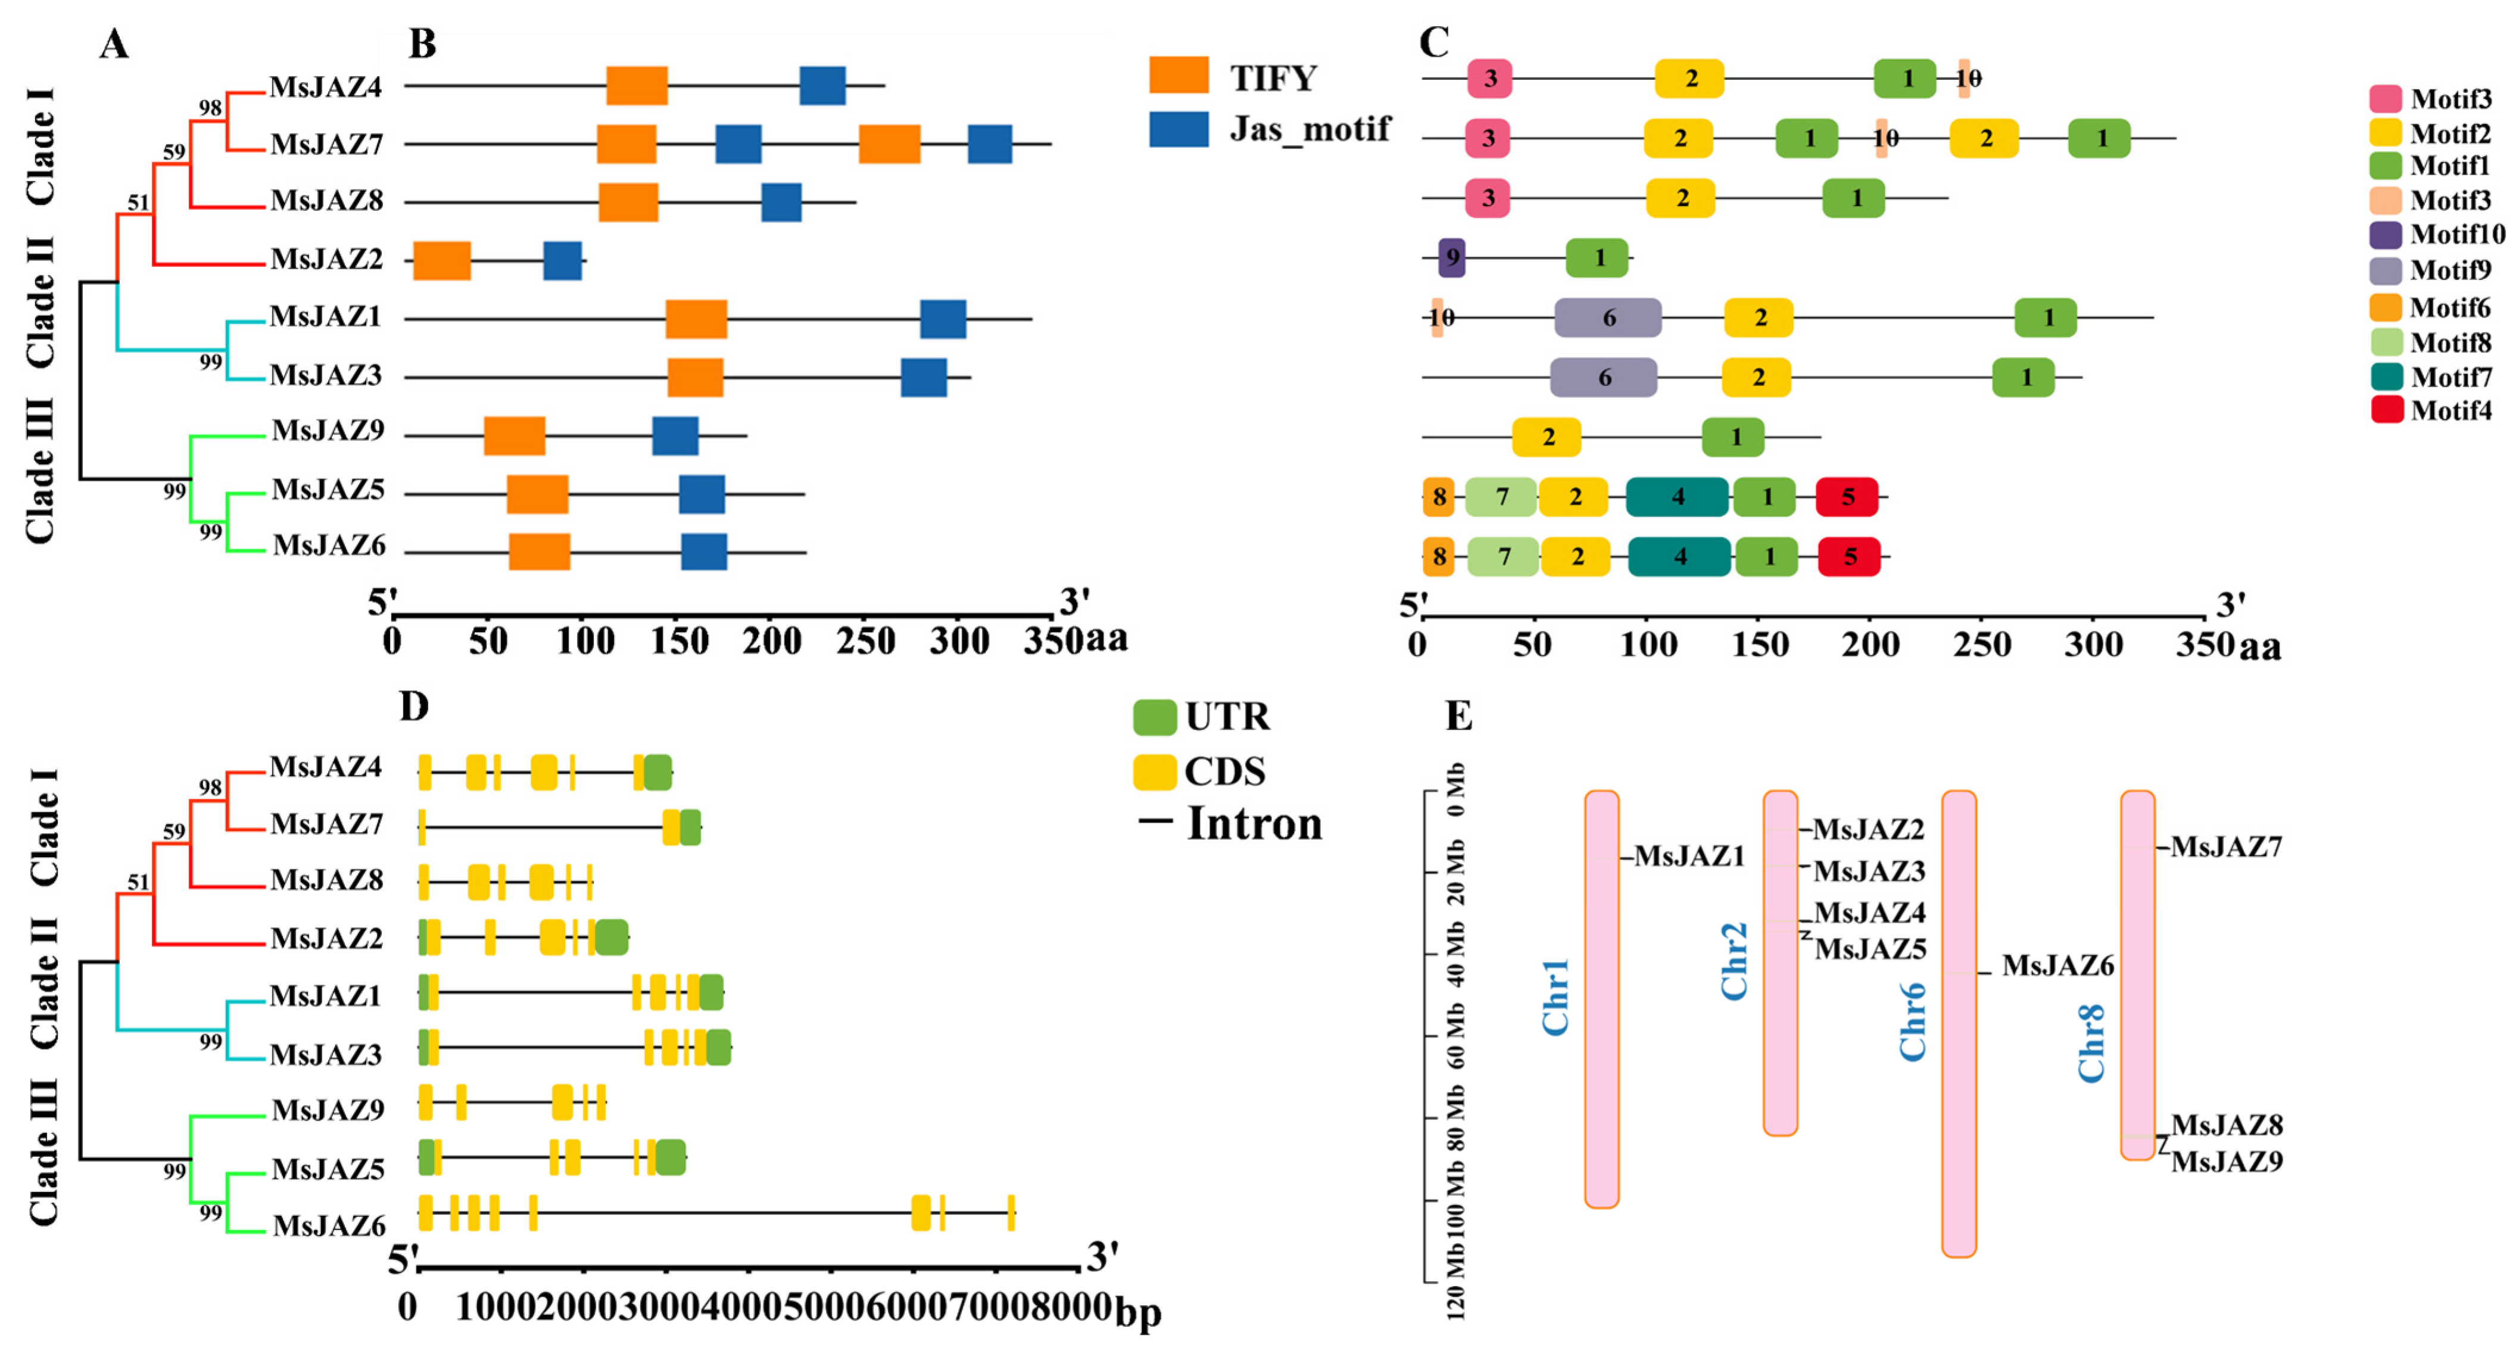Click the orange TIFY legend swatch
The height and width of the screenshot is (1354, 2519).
(x=1179, y=75)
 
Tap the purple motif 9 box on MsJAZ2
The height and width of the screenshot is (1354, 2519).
(x=1452, y=257)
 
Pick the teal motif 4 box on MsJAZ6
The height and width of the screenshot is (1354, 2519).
(x=1679, y=556)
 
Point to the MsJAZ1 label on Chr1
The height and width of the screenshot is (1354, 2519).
(x=1689, y=856)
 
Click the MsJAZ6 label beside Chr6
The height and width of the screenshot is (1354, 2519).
(x=2057, y=966)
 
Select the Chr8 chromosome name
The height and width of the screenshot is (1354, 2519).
(x=2091, y=1043)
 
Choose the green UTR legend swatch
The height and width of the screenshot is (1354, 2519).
(x=1154, y=717)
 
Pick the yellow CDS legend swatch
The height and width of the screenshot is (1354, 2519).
(x=1154, y=772)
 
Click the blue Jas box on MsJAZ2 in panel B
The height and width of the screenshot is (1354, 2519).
(x=562, y=260)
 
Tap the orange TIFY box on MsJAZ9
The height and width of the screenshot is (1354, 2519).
(x=515, y=436)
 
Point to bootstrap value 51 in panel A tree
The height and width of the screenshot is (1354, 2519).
(x=139, y=203)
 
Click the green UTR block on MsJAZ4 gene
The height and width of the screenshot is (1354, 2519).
(x=657, y=773)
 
